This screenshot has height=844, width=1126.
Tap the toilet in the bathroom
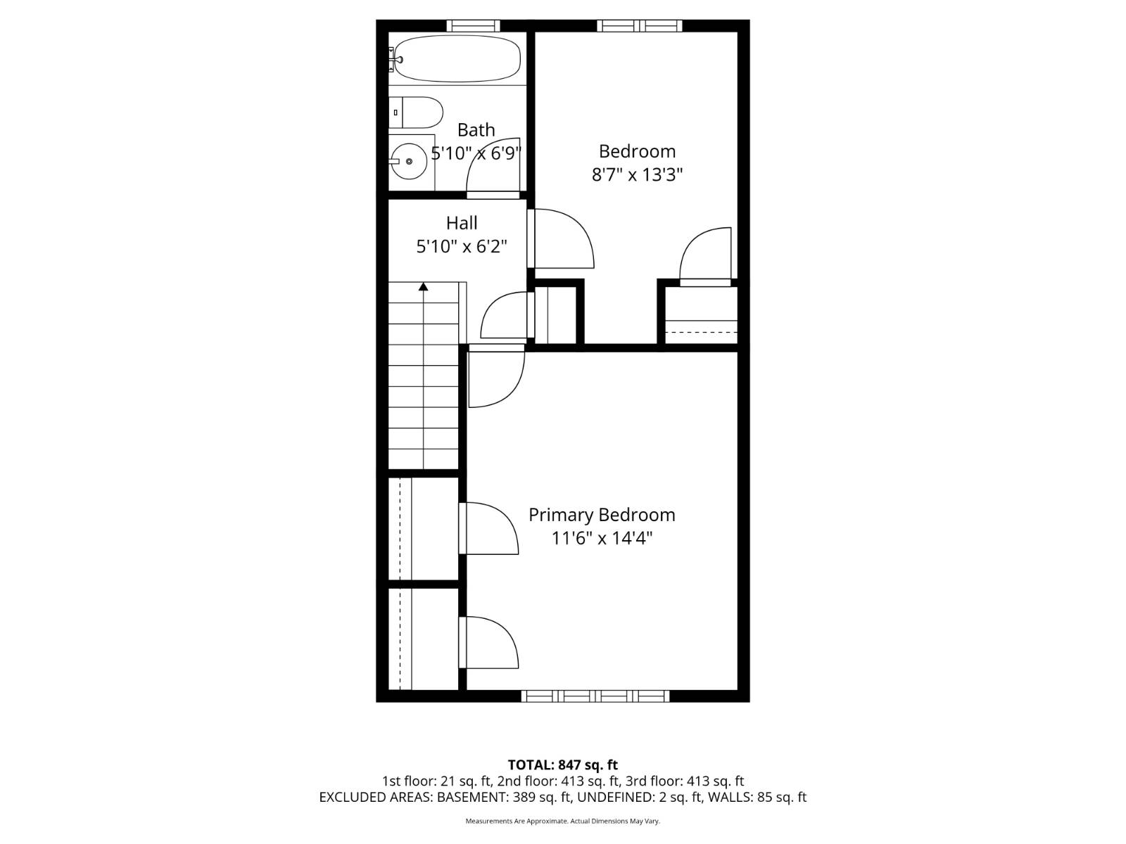[415, 113]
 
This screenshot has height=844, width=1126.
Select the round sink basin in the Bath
[409, 162]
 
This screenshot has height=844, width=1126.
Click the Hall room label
[462, 223]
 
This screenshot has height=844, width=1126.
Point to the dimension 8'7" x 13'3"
[637, 174]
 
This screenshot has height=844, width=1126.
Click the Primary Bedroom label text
[602, 515]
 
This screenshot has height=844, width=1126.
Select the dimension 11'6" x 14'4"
[602, 539]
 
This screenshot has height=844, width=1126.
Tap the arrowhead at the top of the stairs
[423, 286]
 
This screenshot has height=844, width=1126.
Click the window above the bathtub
[473, 25]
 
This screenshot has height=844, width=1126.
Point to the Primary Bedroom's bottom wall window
[595, 696]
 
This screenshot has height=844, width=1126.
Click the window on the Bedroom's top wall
[639, 25]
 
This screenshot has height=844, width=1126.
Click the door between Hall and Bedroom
[560, 238]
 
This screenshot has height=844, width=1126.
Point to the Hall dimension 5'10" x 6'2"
[462, 246]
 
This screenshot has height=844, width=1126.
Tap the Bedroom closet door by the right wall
[705, 257]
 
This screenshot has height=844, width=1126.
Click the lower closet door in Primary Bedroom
[488, 642]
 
